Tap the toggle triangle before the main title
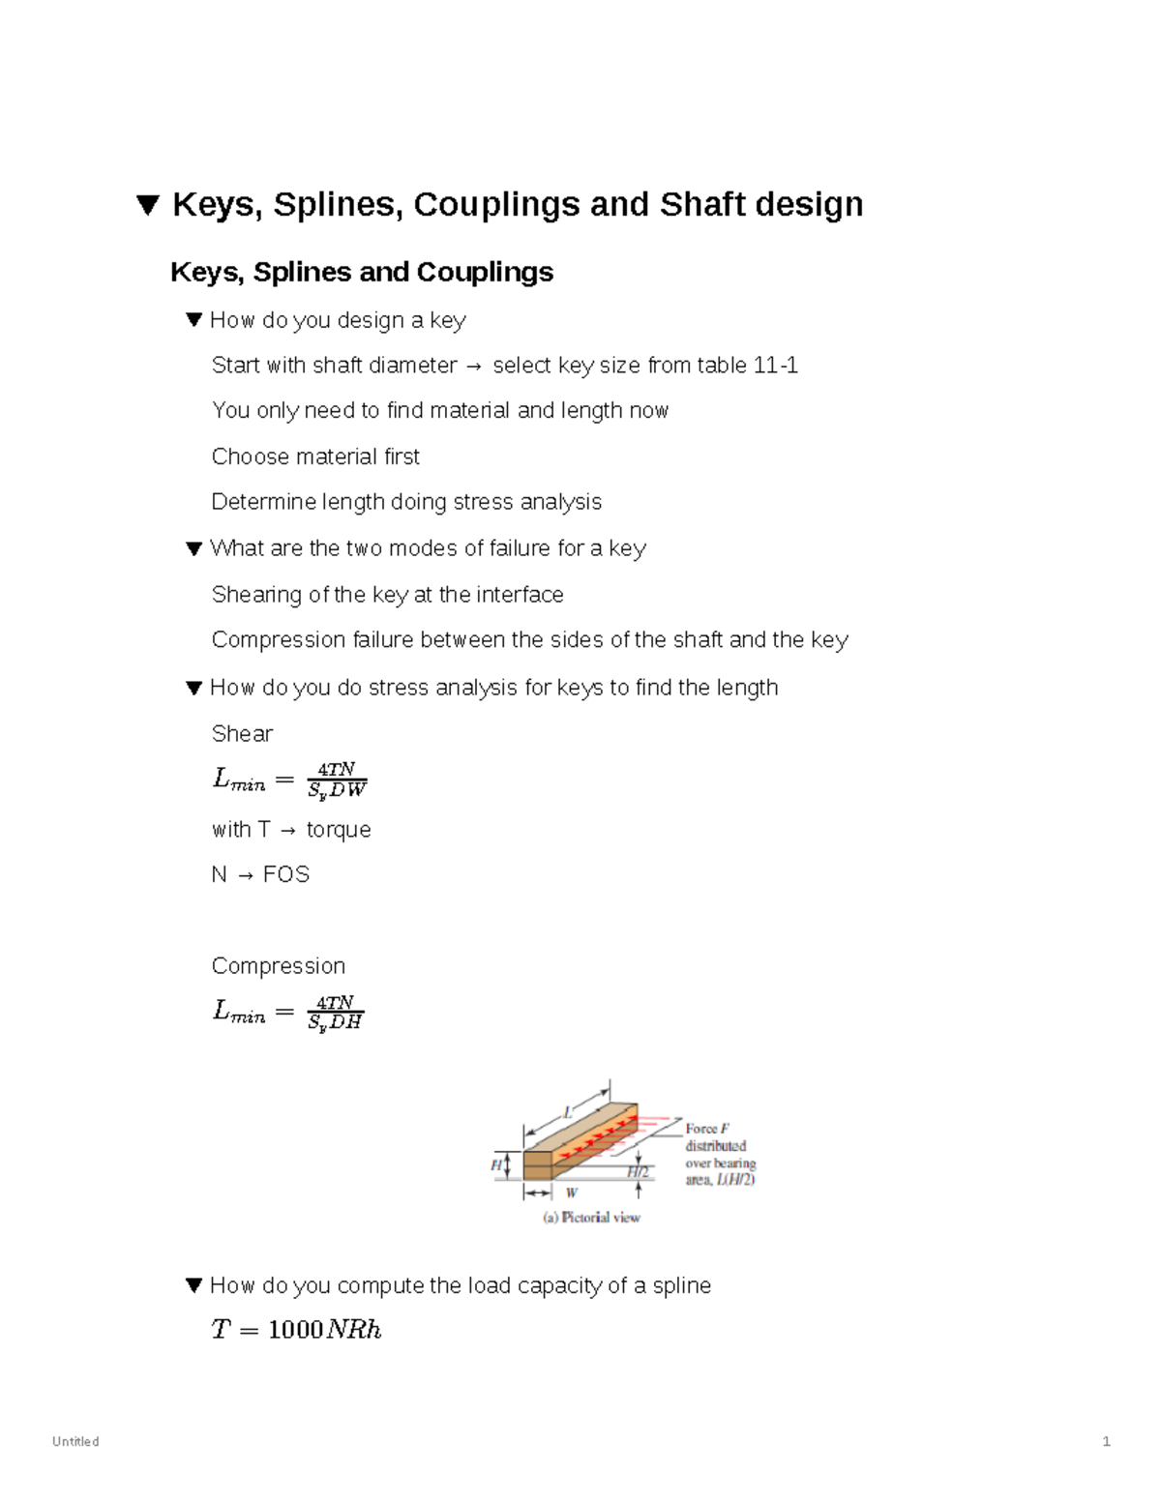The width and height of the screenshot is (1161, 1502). tap(147, 206)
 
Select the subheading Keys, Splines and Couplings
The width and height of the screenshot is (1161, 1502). tap(362, 273)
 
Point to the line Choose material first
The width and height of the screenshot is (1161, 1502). tap(315, 456)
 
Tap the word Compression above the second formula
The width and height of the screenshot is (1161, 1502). tap(278, 966)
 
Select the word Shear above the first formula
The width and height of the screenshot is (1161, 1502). tap(242, 734)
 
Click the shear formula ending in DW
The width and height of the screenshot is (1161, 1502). tap(289, 780)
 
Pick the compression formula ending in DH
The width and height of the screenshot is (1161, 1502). tap(287, 1013)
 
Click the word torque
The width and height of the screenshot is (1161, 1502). tap(339, 830)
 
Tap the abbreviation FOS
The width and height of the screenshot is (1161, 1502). tap(286, 875)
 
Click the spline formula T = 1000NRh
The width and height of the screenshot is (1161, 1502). tap(296, 1331)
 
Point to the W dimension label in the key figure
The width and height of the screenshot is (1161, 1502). tap(572, 1193)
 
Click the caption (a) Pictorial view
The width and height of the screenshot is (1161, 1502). tap(591, 1218)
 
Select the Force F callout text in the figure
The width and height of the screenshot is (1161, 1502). tap(707, 1129)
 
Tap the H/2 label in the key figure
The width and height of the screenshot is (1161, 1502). tap(638, 1172)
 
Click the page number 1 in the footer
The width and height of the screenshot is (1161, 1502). tap(1106, 1442)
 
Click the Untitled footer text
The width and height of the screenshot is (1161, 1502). tap(75, 1442)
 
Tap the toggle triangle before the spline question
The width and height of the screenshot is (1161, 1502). tap(193, 1286)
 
